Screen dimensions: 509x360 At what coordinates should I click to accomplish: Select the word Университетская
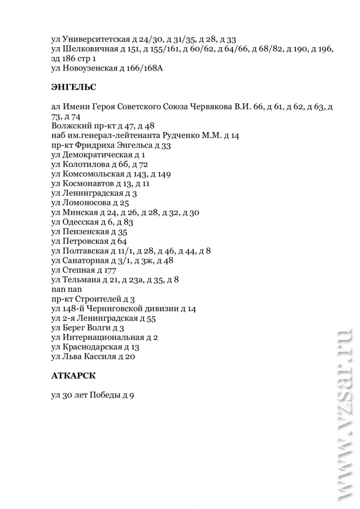(x=95, y=39)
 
